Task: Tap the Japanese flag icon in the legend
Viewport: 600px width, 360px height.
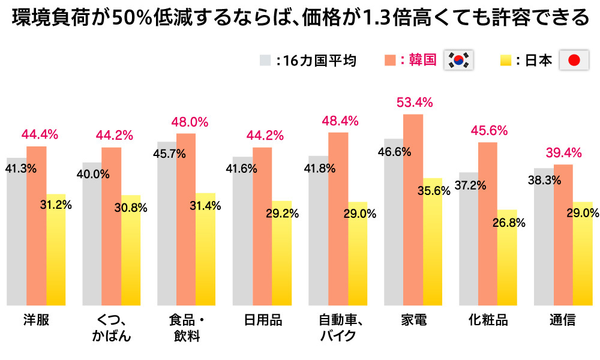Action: tap(574, 60)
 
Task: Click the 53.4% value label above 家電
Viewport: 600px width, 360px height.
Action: tap(414, 102)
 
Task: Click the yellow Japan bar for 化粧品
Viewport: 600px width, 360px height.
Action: tap(507, 264)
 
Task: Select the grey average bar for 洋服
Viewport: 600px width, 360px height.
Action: tap(16, 240)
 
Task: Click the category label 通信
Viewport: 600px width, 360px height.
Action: tap(562, 320)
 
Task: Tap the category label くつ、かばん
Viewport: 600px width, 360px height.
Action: tap(112, 328)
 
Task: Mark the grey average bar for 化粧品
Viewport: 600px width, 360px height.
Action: tap(469, 246)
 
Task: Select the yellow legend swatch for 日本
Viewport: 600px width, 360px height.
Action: tap(505, 60)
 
